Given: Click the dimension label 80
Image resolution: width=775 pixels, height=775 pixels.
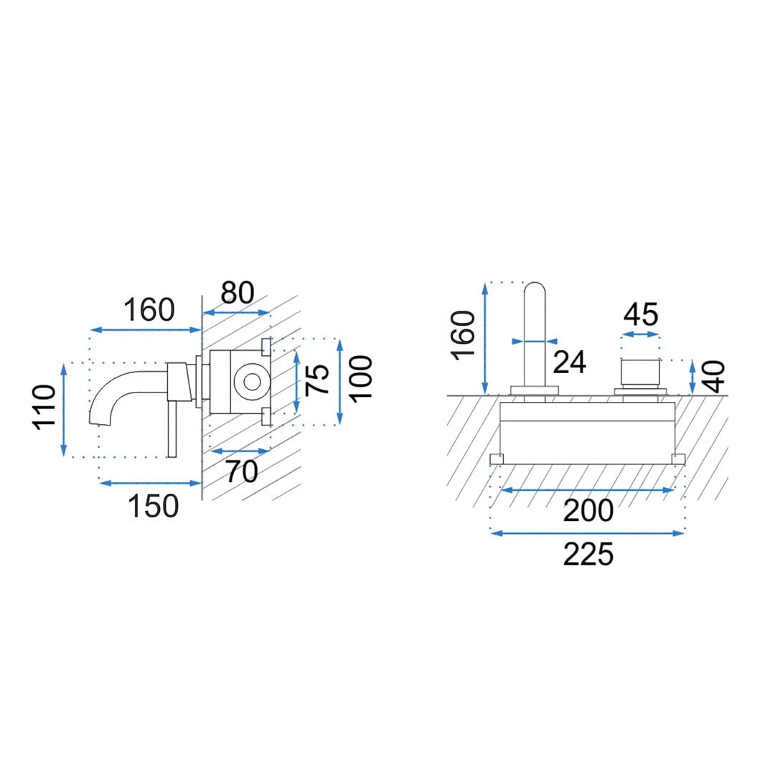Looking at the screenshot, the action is [238, 293].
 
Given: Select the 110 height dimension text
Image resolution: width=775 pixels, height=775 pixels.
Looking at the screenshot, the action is [44, 408].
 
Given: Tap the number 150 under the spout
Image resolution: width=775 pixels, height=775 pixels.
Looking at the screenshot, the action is [154, 506].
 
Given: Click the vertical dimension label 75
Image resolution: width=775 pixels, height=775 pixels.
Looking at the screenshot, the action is [318, 379].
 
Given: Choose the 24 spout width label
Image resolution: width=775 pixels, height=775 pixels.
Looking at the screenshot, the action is [569, 362].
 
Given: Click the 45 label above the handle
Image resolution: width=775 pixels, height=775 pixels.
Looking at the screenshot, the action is [641, 314].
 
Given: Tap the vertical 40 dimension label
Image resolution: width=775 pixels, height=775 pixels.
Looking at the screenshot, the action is [714, 377].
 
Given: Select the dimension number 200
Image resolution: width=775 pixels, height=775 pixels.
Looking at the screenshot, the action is [588, 511].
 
